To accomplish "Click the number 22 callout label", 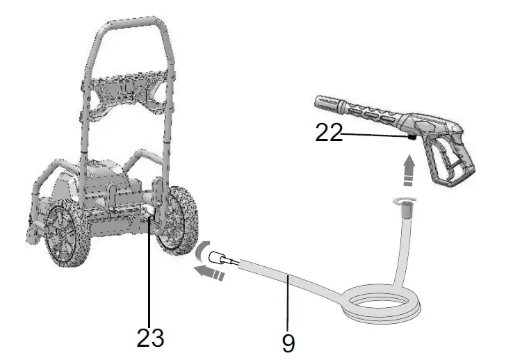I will pyautogui.click(x=329, y=133).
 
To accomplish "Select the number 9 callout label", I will pyautogui.click(x=288, y=342).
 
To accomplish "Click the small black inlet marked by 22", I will pyautogui.click(x=412, y=138).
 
